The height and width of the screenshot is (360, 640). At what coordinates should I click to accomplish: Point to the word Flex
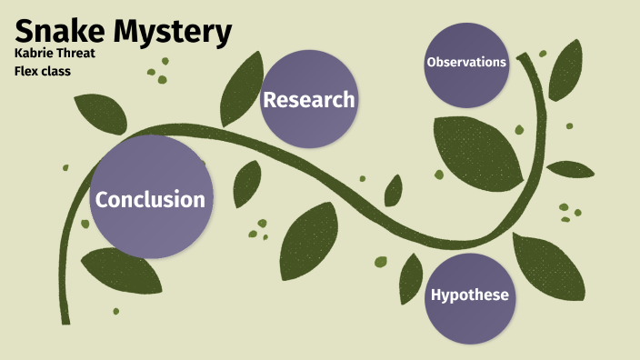28,71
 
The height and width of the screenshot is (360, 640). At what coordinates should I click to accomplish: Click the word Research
308,100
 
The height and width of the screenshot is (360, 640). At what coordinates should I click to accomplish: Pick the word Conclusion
151,199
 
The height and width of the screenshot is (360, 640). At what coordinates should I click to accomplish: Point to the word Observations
466,63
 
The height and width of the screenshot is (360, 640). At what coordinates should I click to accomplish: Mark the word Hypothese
469,295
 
